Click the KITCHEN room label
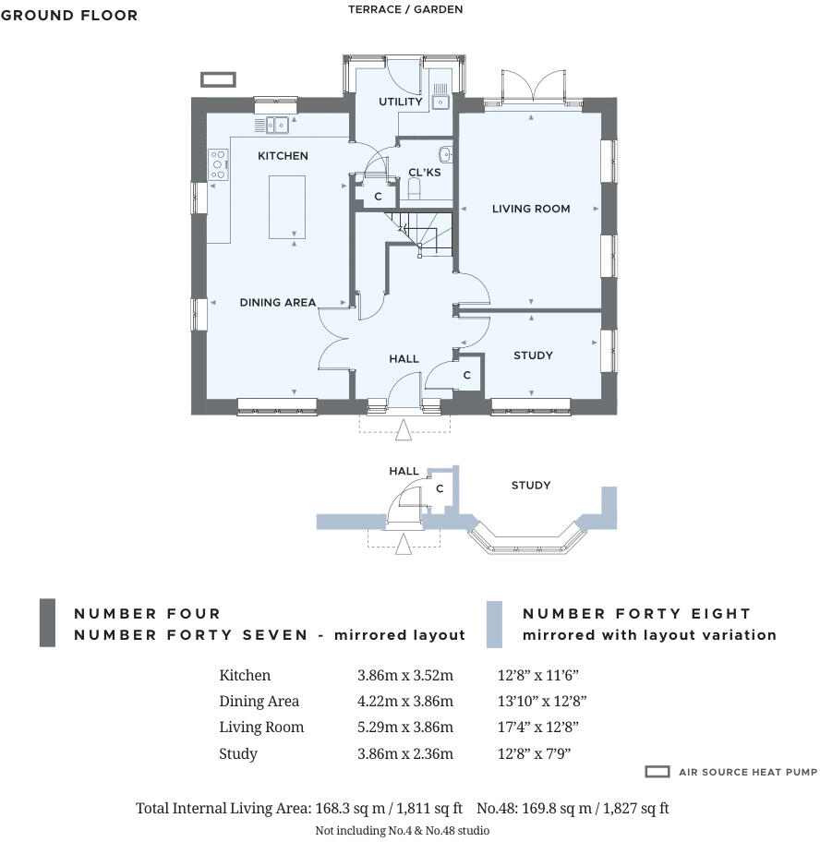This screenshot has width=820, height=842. pos(283,156)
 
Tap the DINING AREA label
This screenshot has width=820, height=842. pos(278,302)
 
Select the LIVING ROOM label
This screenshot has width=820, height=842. pos(530,209)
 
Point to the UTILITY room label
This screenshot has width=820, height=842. pos(400,102)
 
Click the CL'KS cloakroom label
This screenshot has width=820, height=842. pos(425,173)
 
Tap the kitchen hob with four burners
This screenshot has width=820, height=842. pos(219,164)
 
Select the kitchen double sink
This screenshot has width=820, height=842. pos(274,124)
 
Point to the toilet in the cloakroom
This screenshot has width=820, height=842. pos(415,188)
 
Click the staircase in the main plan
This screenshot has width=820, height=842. pos(417,231)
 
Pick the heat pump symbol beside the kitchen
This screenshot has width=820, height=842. pos(218,79)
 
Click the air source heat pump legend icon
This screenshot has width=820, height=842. pos(657,772)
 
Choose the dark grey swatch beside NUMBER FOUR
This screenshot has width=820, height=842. pos(47,623)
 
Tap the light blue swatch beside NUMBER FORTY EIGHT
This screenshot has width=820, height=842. pos(494,623)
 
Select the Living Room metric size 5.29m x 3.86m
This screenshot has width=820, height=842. pos(405,728)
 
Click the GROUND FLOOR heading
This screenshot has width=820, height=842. pos(69,15)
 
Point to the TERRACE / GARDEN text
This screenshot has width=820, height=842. pos(405,9)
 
